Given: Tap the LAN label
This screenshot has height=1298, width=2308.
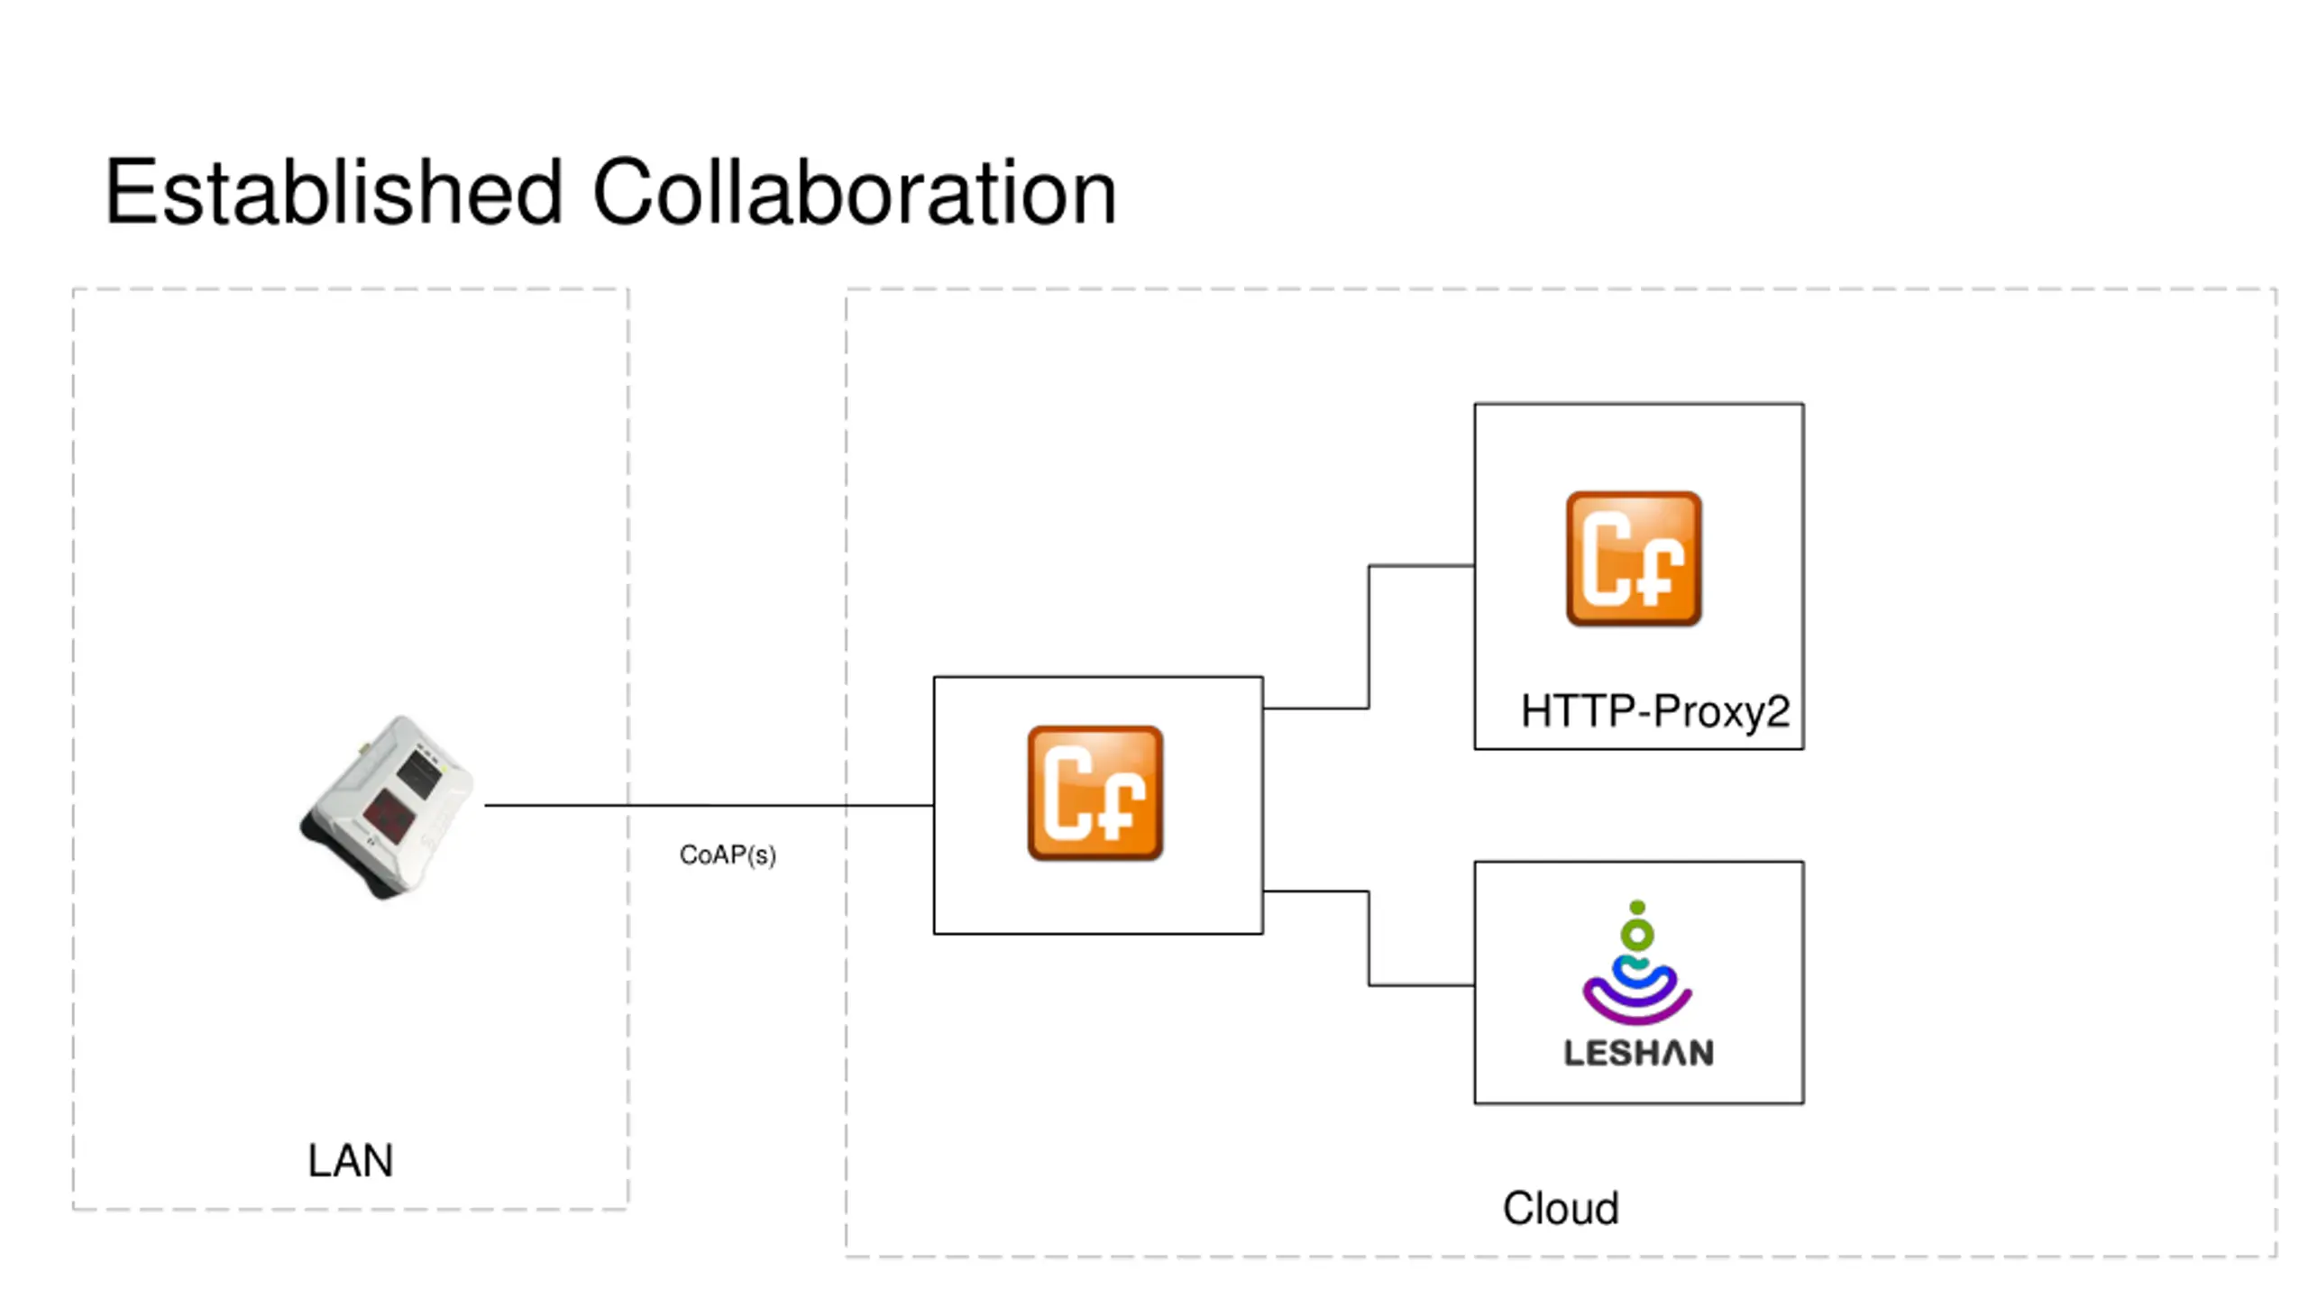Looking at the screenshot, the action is tap(351, 1160).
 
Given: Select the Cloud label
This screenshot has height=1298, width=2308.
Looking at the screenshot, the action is tap(1561, 1208).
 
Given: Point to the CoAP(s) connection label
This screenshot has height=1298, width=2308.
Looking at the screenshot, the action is tap(728, 855).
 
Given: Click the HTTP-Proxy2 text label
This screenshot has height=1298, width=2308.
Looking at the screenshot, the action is tap(1655, 711).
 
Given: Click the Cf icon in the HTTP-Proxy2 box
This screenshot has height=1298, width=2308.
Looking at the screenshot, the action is tap(1634, 559).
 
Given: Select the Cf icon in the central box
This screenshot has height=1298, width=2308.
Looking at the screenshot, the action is tap(1095, 793).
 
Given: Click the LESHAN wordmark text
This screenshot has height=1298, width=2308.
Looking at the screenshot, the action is tap(1638, 1053).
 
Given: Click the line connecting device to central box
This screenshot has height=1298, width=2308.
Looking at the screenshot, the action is tap(709, 805).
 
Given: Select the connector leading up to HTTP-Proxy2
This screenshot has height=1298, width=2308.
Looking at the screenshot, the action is tap(1369, 637).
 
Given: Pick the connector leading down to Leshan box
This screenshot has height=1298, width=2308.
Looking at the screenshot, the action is tap(1369, 938).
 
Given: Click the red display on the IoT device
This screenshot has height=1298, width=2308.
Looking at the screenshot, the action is tap(390, 816).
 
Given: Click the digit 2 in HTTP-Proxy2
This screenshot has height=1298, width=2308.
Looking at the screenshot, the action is tap(1778, 711).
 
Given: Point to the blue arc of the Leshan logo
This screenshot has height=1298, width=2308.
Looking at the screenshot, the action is tap(1637, 975).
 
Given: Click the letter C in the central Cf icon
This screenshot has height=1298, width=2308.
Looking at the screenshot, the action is tap(1067, 794).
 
